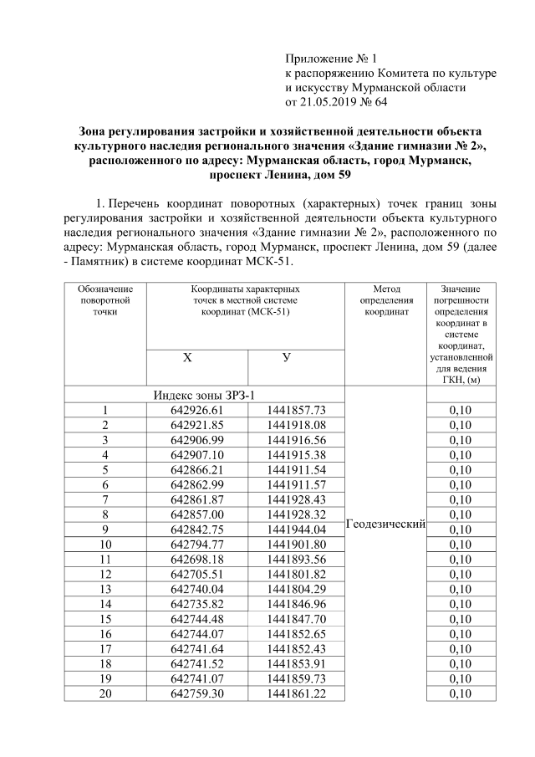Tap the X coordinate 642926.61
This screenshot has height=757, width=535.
[197, 410]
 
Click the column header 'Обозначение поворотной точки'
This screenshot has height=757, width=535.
[105, 299]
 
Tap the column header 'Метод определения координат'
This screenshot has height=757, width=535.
[385, 299]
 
